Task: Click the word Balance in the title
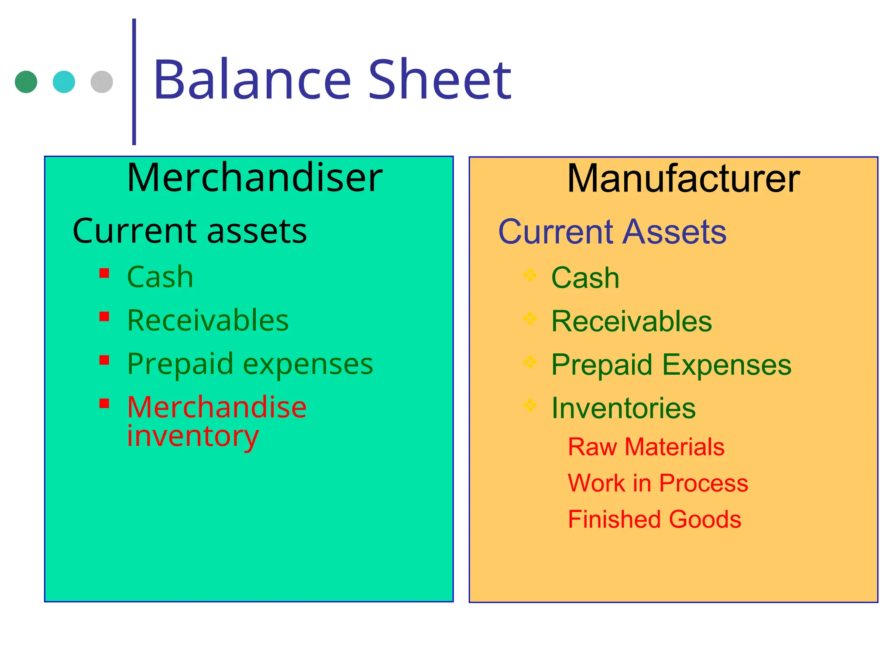click(x=252, y=81)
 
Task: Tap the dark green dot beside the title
click(x=26, y=82)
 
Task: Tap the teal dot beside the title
click(x=64, y=82)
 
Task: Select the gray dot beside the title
click(x=102, y=82)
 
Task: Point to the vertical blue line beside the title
click(x=134, y=82)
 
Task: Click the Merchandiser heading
click(x=254, y=178)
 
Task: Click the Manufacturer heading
click(x=683, y=179)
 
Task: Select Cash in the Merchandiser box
click(x=160, y=277)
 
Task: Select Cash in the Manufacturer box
click(x=585, y=278)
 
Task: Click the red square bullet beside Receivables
click(x=104, y=316)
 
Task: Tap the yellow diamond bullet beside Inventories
click(x=530, y=405)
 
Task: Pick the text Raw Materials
click(x=646, y=447)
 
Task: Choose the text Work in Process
click(x=658, y=483)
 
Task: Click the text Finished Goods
click(x=654, y=520)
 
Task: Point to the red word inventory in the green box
click(x=193, y=436)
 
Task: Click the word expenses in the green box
click(x=308, y=364)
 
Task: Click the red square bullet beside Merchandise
click(x=104, y=403)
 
